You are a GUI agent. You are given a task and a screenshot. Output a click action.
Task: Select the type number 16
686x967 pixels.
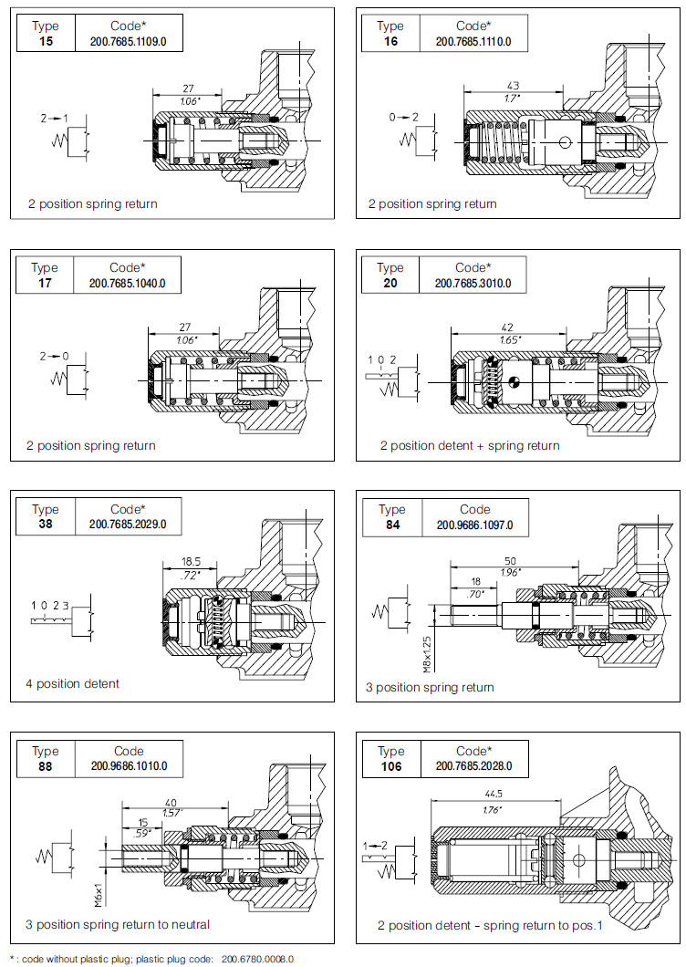390,41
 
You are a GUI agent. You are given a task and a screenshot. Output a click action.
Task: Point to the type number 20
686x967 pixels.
390,283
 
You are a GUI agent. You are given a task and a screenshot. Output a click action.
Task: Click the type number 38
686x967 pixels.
45,525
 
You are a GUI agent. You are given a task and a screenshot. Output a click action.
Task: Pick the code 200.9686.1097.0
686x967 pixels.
474,525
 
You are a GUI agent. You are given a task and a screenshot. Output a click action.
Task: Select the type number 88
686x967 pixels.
45,766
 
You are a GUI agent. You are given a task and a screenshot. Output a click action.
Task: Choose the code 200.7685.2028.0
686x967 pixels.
473,766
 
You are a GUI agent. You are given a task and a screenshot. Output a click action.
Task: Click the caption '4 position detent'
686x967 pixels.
73,683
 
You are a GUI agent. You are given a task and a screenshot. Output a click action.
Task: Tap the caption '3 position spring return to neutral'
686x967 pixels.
117,924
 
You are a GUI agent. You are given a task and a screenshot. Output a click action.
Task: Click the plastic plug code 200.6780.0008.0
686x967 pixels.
257,959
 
